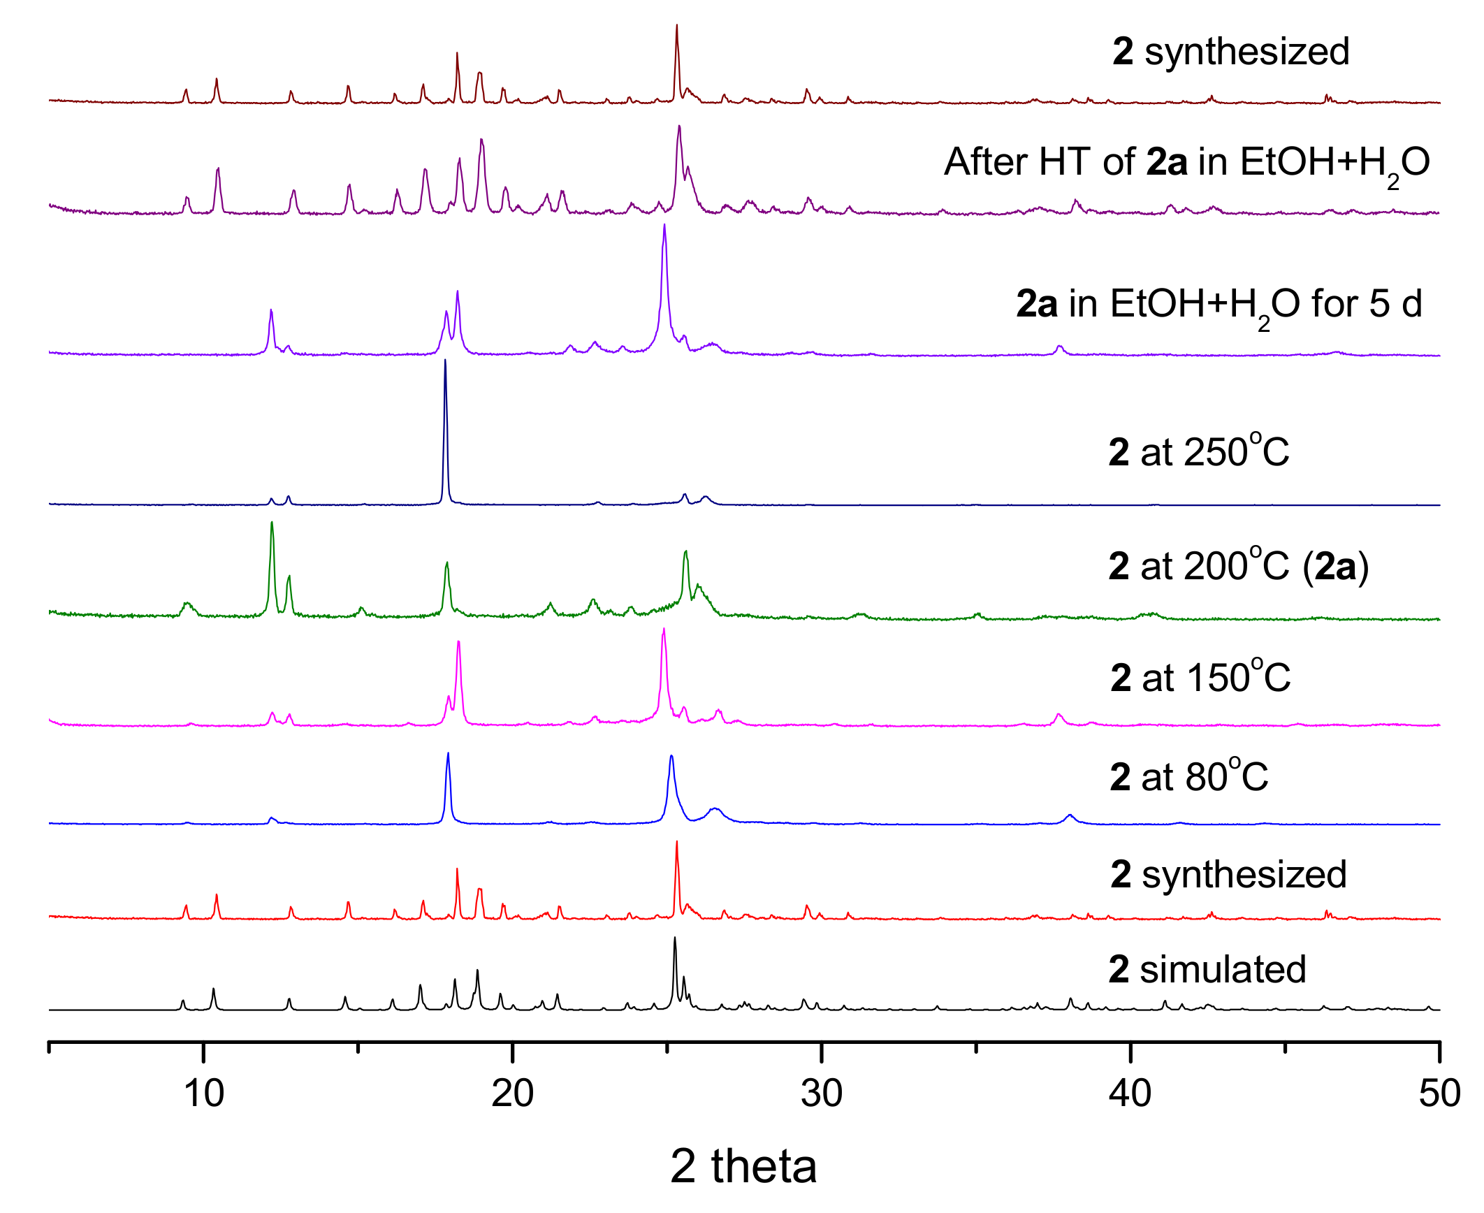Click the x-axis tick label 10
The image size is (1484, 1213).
tap(203, 1094)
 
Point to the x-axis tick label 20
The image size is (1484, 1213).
tap(512, 1094)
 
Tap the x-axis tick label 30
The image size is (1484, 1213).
tap(822, 1094)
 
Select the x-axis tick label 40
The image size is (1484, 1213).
tap(1130, 1094)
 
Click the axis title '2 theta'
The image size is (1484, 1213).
tap(743, 1166)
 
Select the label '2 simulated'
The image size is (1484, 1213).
tap(1207, 969)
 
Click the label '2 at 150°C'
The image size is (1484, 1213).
tap(1200, 677)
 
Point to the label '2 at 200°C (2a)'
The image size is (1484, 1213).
tap(1238, 565)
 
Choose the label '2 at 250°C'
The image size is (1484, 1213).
tap(1199, 451)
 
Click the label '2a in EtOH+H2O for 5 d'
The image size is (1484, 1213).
tap(1219, 305)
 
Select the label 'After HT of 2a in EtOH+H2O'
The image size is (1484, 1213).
tap(1187, 163)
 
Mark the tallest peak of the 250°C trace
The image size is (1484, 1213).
tap(445, 361)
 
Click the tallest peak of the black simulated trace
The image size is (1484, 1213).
tap(674, 938)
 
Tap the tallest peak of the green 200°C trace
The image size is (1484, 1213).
tap(272, 523)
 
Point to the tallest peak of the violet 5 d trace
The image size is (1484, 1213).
tap(664, 225)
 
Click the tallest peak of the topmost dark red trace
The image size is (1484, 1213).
tap(676, 26)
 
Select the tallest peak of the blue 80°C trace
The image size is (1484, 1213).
tap(448, 753)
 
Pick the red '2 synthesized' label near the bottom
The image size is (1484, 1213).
tap(1228, 874)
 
